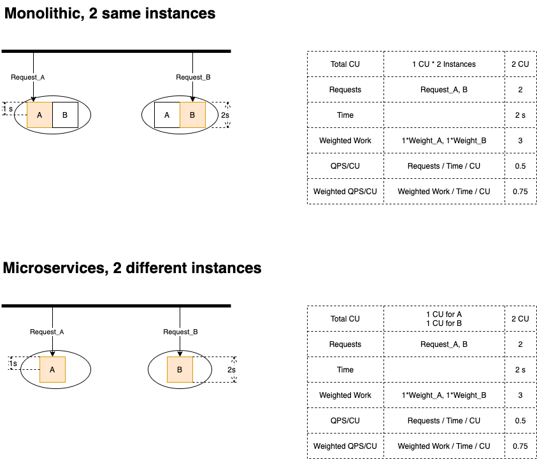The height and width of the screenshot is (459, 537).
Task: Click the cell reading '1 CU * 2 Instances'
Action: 443,64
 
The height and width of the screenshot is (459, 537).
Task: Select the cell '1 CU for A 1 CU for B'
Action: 443,319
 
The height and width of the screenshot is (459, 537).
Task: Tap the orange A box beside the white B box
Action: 39,115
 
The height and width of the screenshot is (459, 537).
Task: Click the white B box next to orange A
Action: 65,115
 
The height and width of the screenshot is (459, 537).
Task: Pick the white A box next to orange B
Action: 167,115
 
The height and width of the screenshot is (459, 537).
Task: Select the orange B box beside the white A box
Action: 192,115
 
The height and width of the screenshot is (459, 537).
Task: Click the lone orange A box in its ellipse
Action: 52,369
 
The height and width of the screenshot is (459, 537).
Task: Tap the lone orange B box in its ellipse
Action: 180,369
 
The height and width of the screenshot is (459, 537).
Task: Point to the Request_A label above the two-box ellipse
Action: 28,77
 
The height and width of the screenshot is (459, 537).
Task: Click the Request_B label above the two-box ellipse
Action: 193,77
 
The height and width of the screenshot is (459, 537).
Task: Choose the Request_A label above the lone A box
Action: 47,332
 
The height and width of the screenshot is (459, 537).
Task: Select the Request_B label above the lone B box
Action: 180,332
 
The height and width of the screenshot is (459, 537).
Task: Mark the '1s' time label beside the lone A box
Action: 13,364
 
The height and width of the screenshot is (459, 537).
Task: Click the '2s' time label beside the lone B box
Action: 232,370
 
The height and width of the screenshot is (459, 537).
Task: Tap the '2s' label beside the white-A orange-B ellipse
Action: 225,115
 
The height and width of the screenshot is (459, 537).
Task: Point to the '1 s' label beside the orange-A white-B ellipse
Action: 8,109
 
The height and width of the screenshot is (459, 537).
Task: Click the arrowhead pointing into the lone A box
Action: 52,354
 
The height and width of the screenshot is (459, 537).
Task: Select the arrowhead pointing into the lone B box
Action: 180,354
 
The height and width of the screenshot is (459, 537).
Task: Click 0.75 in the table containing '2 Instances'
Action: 520,192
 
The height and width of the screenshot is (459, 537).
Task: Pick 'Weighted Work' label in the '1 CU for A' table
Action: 345,395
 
